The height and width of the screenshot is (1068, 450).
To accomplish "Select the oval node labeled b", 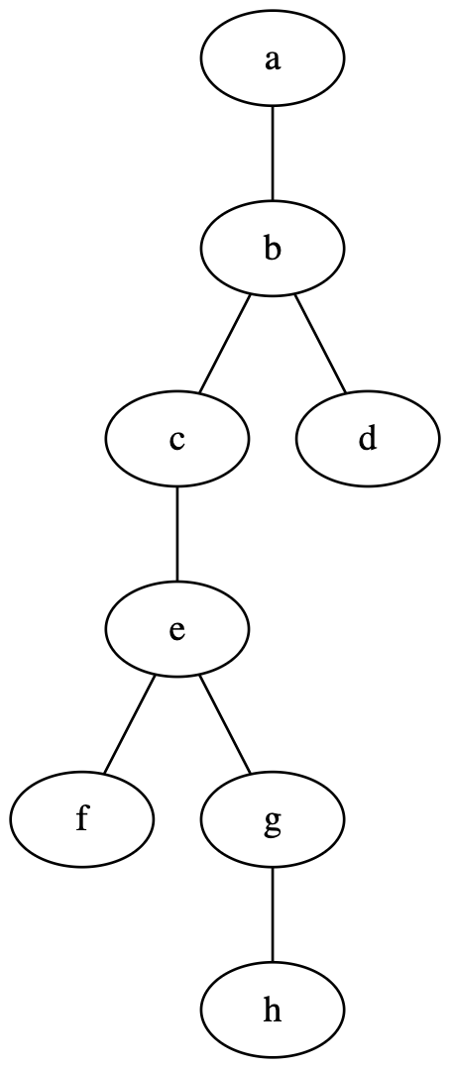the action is point(273,249).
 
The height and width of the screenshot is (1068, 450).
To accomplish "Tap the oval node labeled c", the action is point(177,439).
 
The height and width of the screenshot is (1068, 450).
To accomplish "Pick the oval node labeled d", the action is point(368,439).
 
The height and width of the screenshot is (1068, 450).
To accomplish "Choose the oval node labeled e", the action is point(177,630).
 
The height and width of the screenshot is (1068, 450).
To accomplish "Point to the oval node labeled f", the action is point(82,819).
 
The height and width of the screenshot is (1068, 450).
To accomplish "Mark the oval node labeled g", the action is point(273,819).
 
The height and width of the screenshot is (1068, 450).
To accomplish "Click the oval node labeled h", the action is point(273,1011).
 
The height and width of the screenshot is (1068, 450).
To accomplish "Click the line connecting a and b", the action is point(273,154).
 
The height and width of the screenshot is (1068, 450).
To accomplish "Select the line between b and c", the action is point(224,344).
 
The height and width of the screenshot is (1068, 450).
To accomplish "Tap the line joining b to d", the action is point(320,344).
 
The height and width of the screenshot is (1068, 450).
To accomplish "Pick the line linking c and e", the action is point(177,535).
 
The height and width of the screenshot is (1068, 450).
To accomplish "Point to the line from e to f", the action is point(129,725).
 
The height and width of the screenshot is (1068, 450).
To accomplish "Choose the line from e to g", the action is point(225,725).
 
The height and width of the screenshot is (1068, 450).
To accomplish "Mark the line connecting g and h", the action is point(273,914).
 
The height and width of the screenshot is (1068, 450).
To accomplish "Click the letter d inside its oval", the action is point(368,439).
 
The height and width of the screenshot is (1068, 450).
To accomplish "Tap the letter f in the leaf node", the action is point(82,819).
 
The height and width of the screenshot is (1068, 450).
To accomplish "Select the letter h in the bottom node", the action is point(273,1011).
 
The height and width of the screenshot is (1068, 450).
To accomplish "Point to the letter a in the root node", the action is point(273,59).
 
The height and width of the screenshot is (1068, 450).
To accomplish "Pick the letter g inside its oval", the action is point(273,822).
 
